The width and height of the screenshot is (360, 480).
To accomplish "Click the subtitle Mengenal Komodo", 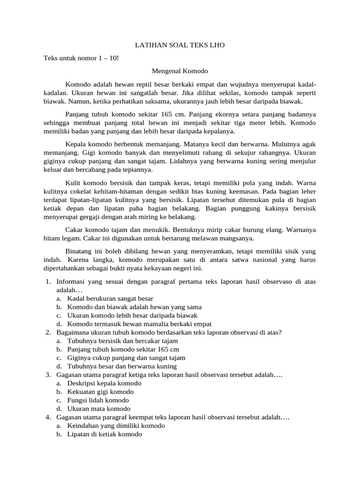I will tap(180, 71).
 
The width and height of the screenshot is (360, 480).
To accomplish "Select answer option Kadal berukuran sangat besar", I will tap(110, 298).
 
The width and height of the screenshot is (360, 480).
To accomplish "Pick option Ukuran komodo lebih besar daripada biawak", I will tap(132, 315).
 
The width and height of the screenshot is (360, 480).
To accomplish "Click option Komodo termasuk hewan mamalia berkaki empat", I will tap(139, 323).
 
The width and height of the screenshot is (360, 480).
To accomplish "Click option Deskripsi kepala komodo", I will tap(105, 383).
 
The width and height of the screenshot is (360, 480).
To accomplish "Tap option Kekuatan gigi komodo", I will tap(100, 391).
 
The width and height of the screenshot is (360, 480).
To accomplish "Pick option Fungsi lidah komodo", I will tap(98, 400).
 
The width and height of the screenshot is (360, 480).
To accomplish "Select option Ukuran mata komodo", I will tap(99, 408).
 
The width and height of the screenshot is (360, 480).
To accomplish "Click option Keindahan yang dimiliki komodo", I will tap(116, 426).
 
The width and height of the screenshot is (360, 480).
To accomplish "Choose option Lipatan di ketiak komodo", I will tap(105, 434).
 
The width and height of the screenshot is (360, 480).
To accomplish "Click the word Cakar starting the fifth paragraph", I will tap(74, 230).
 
